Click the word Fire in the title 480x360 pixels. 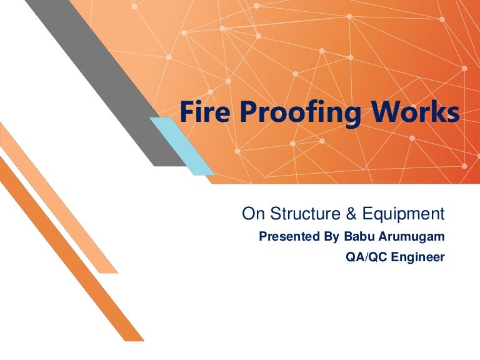[202, 112]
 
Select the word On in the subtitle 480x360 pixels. [251, 214]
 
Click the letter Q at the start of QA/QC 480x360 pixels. [351, 257]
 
